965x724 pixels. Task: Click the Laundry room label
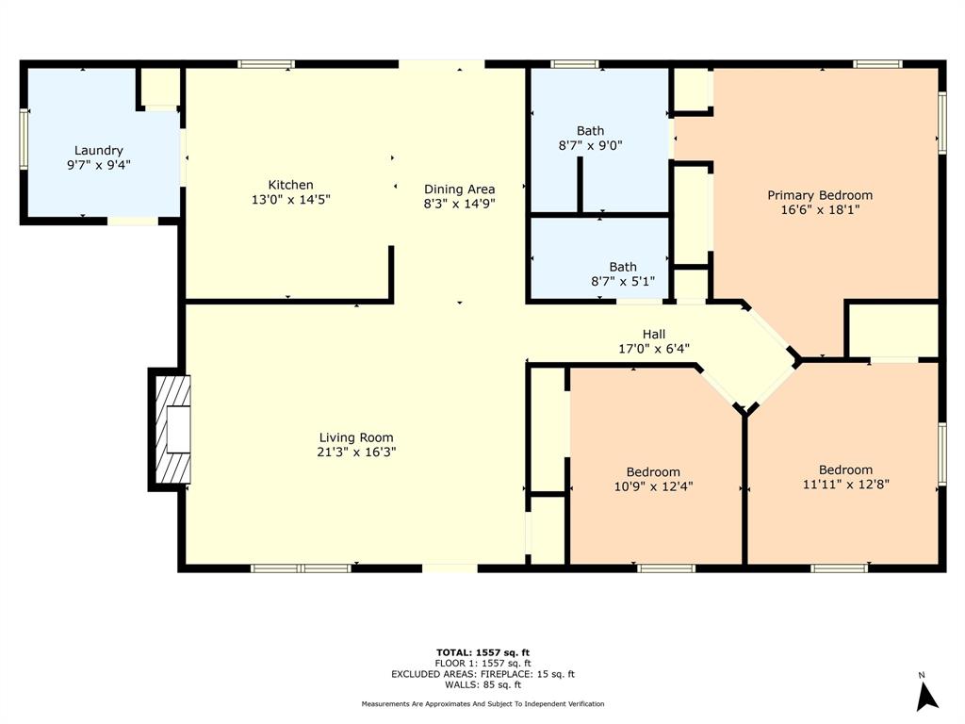98,151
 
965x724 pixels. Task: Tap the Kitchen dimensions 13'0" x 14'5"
290,200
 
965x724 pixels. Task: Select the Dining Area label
459,189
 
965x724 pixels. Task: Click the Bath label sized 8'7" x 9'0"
591,131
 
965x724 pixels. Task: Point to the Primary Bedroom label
819,195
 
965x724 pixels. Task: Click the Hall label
654,335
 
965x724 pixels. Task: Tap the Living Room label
355,437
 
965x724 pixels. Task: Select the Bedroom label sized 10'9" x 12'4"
653,472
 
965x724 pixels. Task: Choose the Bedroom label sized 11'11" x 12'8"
845,470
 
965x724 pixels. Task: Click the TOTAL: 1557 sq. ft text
482,652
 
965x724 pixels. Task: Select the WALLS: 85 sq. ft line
482,685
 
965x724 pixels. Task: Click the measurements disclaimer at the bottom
482,704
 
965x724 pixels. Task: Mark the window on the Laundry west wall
25,139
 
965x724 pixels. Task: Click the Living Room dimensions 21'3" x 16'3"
355,452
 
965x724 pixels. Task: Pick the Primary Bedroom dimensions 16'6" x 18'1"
819,210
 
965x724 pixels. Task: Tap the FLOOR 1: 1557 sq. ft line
482,663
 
